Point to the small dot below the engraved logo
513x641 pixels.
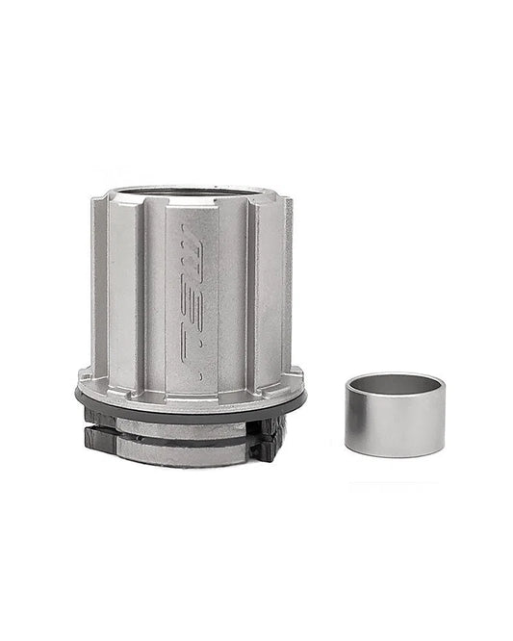tap(199, 375)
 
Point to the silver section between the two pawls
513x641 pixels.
tap(183, 445)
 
